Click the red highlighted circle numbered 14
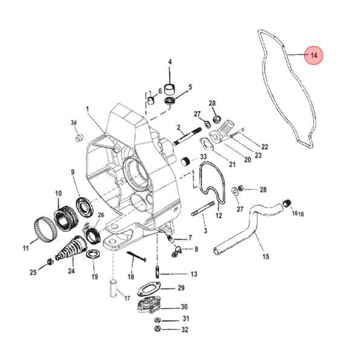click(314, 56)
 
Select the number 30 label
click(185, 307)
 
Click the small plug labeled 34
click(77, 139)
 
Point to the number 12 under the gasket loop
click(219, 215)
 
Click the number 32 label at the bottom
click(185, 330)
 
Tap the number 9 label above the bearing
click(73, 172)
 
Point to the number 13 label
click(194, 274)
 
